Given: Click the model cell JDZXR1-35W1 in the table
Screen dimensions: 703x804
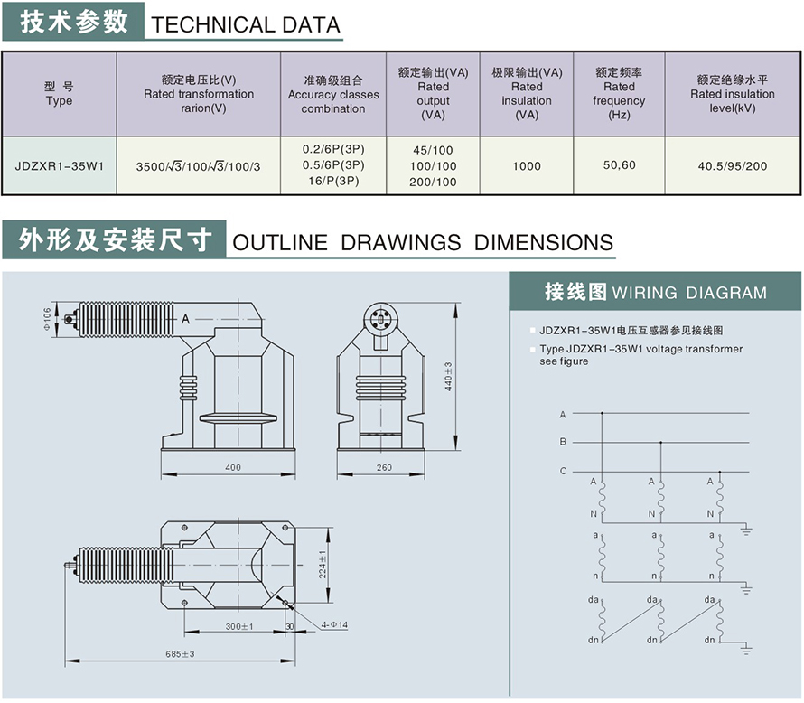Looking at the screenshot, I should point(59,165).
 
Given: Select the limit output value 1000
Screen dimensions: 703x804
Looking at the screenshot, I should point(526,165).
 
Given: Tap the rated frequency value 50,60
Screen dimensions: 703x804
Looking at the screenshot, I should point(619,164).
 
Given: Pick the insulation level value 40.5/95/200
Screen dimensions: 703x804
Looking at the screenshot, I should point(732,165).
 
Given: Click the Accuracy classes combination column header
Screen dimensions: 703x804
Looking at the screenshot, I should point(333,95).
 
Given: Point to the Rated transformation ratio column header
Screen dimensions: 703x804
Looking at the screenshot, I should point(199,94).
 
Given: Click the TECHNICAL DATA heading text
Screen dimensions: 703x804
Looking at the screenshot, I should point(247,24).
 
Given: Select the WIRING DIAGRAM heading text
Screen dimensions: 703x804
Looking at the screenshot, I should point(689,293).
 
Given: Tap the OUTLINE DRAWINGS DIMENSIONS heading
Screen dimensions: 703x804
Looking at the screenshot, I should point(423,242).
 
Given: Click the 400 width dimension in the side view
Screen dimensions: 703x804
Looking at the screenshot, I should point(233,468).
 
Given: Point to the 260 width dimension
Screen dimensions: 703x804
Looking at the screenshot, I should point(384,468).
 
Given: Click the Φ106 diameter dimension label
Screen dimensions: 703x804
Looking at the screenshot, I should point(47,318).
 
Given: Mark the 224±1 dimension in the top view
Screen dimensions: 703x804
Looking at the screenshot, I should point(323,564).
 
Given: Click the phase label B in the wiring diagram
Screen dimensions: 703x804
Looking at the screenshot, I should point(563,442).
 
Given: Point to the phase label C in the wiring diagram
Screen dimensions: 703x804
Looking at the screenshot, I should point(563,471).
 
